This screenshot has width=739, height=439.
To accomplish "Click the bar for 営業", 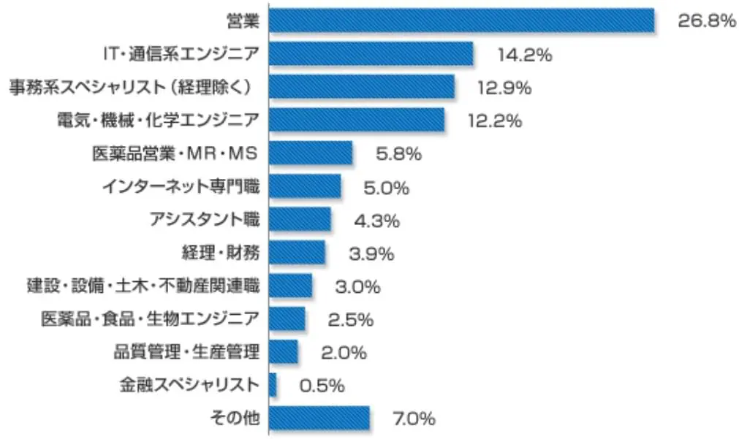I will click(x=461, y=20).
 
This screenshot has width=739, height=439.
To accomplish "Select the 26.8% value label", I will click(x=705, y=20).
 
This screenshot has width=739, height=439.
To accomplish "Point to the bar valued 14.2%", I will click(x=371, y=54).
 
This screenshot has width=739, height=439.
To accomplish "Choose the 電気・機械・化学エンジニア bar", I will click(x=357, y=121).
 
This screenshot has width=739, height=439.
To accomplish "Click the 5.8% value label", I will click(x=398, y=154).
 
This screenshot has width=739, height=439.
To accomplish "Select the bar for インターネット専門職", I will click(x=305, y=187).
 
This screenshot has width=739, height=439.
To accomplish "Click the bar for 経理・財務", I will click(x=297, y=253).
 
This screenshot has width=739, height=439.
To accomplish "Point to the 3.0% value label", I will click(x=357, y=286).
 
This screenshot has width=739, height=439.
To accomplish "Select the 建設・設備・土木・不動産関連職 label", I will click(x=143, y=286).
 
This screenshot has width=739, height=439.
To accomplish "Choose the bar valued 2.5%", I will click(x=287, y=319).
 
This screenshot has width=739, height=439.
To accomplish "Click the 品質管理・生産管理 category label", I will click(x=186, y=352).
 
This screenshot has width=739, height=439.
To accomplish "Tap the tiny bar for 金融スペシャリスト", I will click(x=273, y=385).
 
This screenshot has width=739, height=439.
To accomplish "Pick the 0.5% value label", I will click(x=322, y=386).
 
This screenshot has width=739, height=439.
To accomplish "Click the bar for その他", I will click(x=319, y=419).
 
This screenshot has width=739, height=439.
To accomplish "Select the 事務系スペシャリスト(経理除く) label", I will click(x=132, y=87).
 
